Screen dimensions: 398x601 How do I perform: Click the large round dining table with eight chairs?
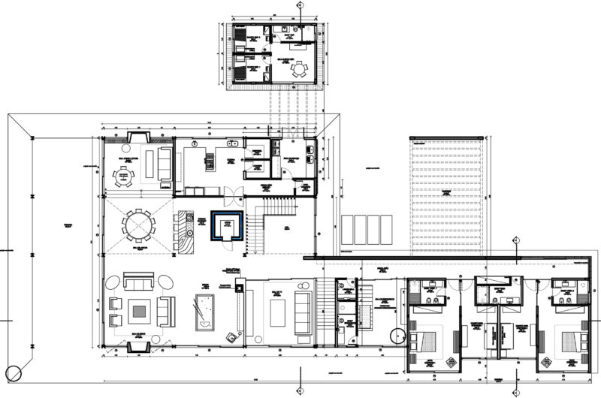tap(138, 225)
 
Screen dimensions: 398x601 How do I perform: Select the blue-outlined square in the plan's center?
tap(225, 225)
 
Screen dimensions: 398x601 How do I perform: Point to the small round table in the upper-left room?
tap(125, 178)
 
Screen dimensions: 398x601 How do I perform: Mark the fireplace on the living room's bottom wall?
tap(139, 346)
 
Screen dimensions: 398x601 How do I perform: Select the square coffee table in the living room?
tap(140, 310)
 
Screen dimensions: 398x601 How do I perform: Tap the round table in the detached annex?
tap(300, 70)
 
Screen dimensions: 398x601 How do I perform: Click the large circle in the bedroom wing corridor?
tap(397, 336)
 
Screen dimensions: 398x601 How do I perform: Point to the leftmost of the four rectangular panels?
tap(347, 229)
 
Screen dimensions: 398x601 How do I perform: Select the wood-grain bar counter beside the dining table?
tap(183, 226)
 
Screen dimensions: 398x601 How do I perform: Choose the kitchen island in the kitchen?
tap(210, 159)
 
